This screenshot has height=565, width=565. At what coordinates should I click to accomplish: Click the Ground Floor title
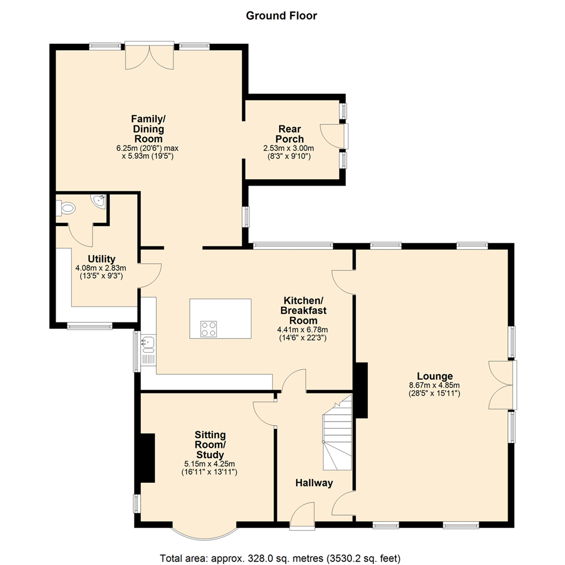pos(281,16)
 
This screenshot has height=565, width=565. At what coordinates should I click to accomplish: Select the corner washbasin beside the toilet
pos(99,200)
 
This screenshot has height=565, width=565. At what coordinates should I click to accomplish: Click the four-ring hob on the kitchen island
pos(209,329)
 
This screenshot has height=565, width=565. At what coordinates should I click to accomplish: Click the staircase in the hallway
pos(337,433)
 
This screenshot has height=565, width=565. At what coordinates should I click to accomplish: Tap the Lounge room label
pos(435,376)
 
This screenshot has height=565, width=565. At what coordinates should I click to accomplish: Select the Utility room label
pos(101,259)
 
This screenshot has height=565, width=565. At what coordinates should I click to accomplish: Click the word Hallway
pos(314,483)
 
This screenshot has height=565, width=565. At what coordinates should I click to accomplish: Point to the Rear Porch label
pos(290,134)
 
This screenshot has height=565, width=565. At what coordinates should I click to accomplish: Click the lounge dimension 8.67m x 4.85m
pos(435,385)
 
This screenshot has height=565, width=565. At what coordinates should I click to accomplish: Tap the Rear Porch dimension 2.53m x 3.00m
pos(289,148)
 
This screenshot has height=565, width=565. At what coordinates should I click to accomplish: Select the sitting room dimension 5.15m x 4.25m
pos(209,464)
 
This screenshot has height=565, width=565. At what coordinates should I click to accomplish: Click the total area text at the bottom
pos(280,559)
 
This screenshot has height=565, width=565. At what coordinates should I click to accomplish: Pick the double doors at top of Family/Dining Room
pos(150,56)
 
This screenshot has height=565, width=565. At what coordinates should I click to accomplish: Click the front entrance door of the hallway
pos(302,515)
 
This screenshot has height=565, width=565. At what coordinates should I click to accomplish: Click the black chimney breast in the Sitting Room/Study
pos(148,458)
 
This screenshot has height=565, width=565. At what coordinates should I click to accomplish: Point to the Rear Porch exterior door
pos(334,136)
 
